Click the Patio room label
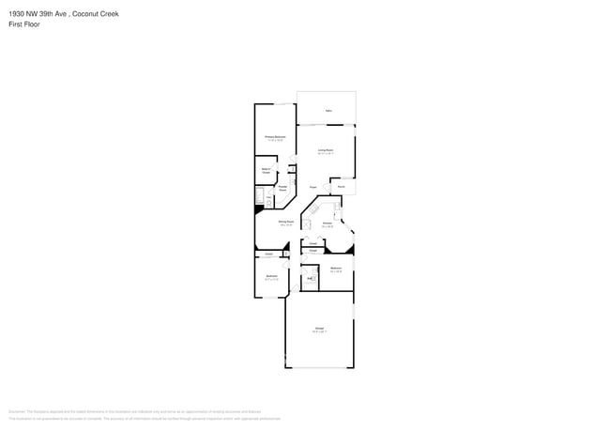coord(328,111)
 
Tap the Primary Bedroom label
coord(274,136)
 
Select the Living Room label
coord(326,149)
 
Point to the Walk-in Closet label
coord(266,171)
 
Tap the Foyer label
coord(313,188)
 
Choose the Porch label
coord(341,188)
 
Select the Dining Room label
coord(285,222)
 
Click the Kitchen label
coord(327,223)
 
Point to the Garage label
coord(320,328)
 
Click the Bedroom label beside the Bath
coord(335,268)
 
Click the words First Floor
coord(26,24)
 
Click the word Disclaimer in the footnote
coord(17,410)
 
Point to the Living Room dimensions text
coord(326,153)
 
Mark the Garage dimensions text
coord(320,332)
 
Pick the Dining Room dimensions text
coord(285,225)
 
